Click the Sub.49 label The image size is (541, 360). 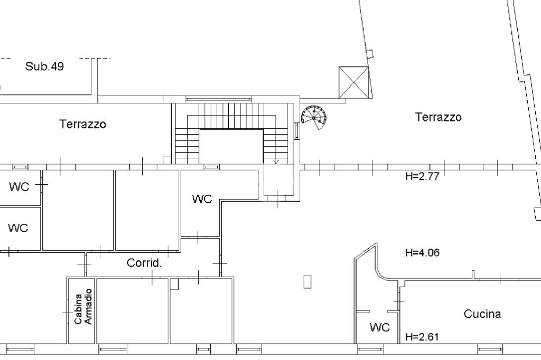[44, 66]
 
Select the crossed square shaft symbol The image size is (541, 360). [353, 82]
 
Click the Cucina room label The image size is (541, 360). [482, 314]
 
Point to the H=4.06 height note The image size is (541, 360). [423, 252]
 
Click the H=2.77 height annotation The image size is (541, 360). [422, 176]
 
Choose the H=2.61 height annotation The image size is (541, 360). [422, 337]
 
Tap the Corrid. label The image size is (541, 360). [144, 263]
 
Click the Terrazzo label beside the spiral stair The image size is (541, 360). [438, 117]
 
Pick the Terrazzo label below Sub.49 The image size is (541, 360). [82, 124]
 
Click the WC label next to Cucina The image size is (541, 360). [379, 327]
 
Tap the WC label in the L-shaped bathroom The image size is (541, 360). [202, 199]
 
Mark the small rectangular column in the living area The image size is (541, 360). [307, 281]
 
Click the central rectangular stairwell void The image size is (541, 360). [231, 147]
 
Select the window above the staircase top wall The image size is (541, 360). [219, 99]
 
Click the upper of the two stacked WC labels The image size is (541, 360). [19, 187]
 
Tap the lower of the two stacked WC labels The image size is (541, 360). [18, 228]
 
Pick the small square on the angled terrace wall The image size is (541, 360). [370, 54]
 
